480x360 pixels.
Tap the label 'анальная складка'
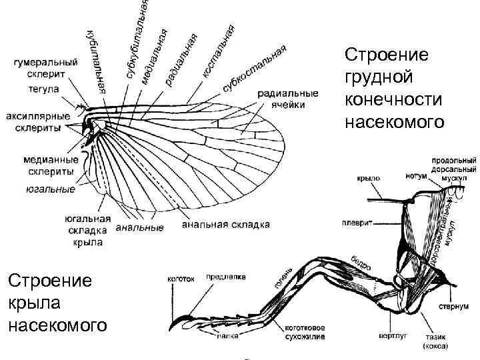point(226,226)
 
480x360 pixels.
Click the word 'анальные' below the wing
point(140,228)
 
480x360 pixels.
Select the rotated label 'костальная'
point(218,51)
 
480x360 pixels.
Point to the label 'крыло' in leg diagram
point(368,178)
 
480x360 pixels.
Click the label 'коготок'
point(180,279)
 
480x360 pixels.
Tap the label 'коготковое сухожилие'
point(305,332)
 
